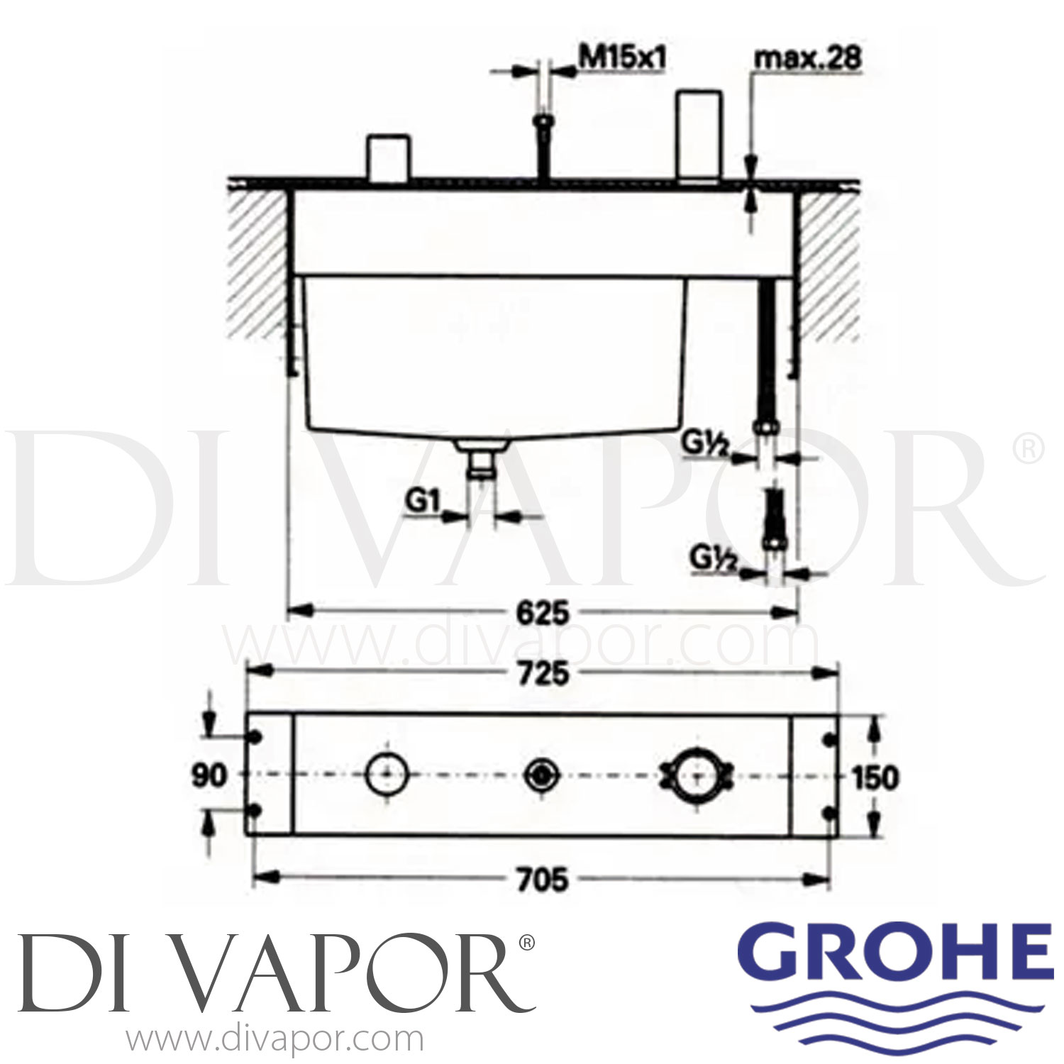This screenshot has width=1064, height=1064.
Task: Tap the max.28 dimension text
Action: (807, 59)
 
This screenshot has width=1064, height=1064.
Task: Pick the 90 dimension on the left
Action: (209, 775)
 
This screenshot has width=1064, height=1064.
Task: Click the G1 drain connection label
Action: (421, 505)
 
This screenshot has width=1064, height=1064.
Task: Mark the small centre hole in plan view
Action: (541, 775)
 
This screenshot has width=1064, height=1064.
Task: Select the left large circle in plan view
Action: (386, 775)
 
